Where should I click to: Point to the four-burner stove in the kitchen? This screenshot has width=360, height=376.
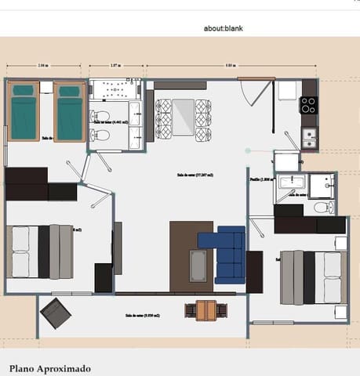pos(308,104)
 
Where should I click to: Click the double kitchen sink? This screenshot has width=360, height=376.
pos(310,139)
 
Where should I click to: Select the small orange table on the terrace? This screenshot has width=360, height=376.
pos(205,310)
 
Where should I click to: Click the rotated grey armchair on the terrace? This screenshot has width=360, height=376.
pos(56,313)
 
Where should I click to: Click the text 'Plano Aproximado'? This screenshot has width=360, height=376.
pos(50,368)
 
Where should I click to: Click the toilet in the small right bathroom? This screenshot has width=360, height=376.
pos(322,208)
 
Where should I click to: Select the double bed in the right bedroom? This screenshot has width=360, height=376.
pos(314,277)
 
